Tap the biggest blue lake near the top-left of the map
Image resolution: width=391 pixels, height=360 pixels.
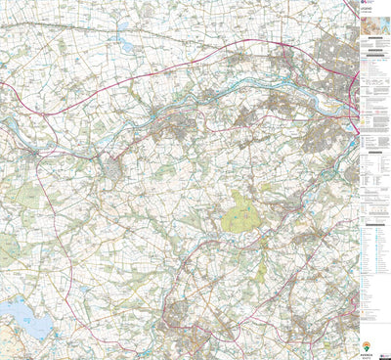click(124, 43)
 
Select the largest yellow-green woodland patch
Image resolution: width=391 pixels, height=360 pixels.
click(238, 209)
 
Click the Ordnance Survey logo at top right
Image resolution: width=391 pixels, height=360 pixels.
click(367, 5)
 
